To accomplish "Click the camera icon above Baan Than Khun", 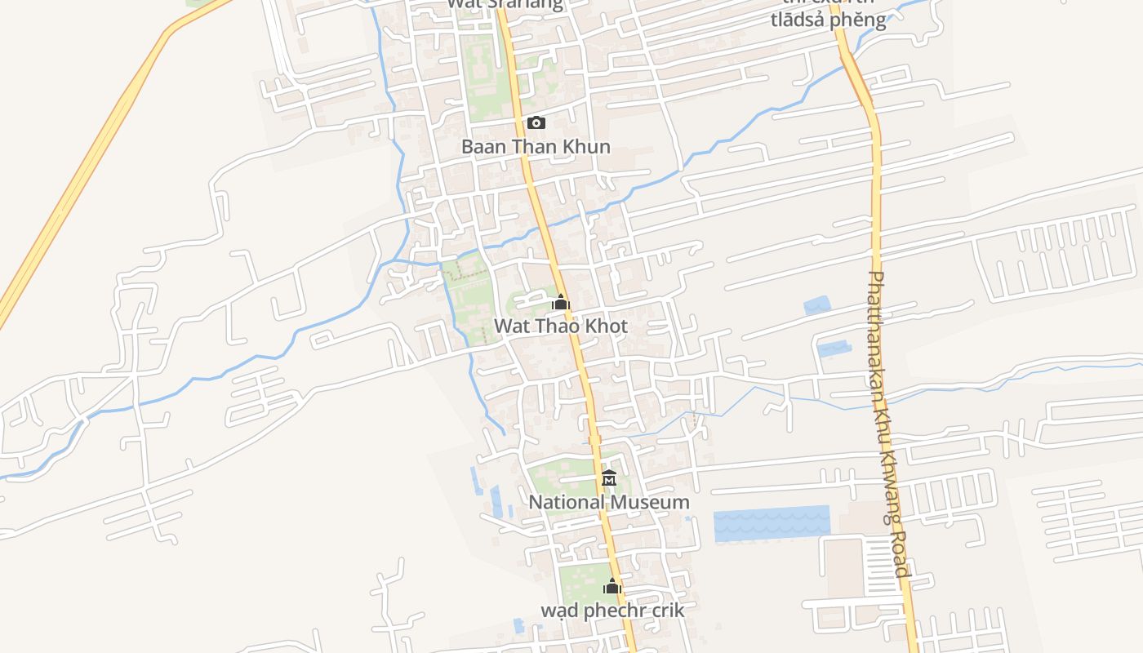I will pos(536,123).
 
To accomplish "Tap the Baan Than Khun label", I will pos(536,147).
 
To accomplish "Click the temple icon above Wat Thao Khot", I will pos(560,303).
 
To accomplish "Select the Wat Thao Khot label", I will pos(560,326).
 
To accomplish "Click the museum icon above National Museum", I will pos(608,478).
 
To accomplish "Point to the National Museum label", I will pos(608,502).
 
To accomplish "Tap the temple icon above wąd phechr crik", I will pos(612,586).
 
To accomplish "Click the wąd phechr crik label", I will pos(612,610).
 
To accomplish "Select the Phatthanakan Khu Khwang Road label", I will pos(888,424).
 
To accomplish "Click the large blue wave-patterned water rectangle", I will pos(771,523).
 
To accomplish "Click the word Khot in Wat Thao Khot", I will pos(605,326).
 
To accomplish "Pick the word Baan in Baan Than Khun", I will pos(482,147).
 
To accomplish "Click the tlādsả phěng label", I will pos(828,20).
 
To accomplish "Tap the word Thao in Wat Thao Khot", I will pos(555,326).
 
